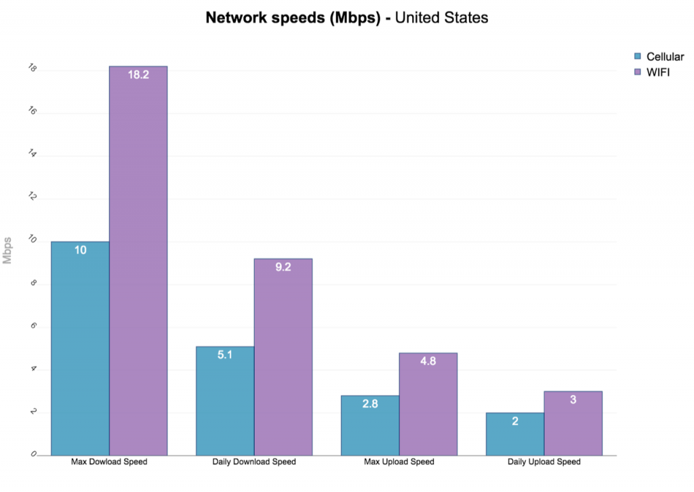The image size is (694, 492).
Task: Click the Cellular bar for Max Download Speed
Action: point(80,349)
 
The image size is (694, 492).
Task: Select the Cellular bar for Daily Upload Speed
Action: point(515,434)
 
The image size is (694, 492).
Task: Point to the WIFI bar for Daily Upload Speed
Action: point(573,424)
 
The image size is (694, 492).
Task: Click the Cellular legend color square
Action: point(637,56)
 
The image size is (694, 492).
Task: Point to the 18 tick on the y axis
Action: point(33,68)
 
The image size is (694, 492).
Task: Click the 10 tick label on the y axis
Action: point(33,241)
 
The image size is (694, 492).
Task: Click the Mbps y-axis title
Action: point(7,250)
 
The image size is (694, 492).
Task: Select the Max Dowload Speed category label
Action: point(109,462)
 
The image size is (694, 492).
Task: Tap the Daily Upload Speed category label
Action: point(544,462)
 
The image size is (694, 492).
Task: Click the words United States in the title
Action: point(441,18)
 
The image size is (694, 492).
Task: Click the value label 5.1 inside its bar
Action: point(225,354)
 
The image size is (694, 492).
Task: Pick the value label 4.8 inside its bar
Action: point(428,361)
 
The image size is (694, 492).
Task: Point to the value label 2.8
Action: point(370,404)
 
